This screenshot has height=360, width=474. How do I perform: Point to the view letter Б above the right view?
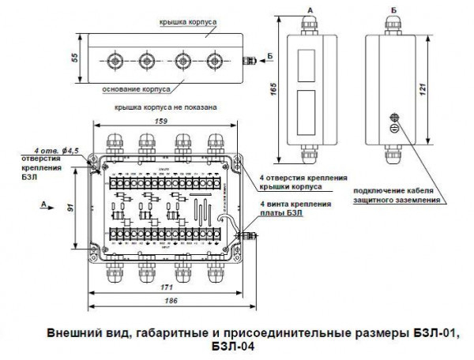click(x=393, y=9)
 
